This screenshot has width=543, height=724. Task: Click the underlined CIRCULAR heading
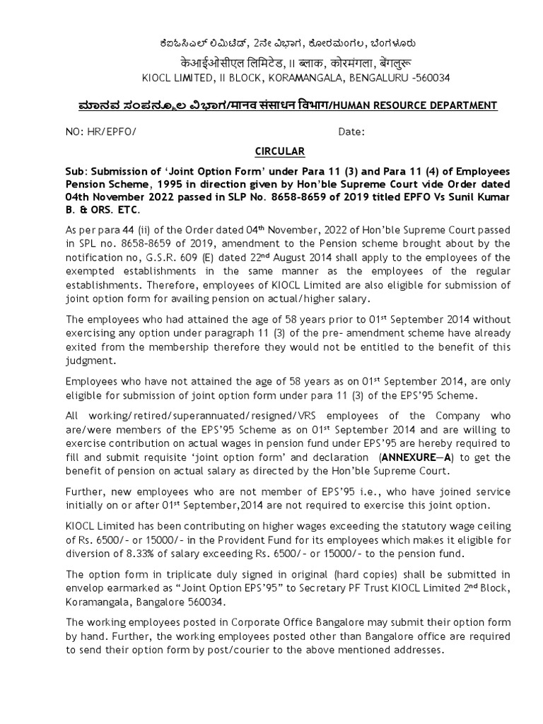tap(280, 151)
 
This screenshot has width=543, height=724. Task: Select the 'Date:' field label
tap(351, 132)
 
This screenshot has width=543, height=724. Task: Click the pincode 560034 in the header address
tap(431, 77)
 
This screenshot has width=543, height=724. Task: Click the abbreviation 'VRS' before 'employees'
tap(298, 416)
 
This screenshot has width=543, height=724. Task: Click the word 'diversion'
tap(88, 554)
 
